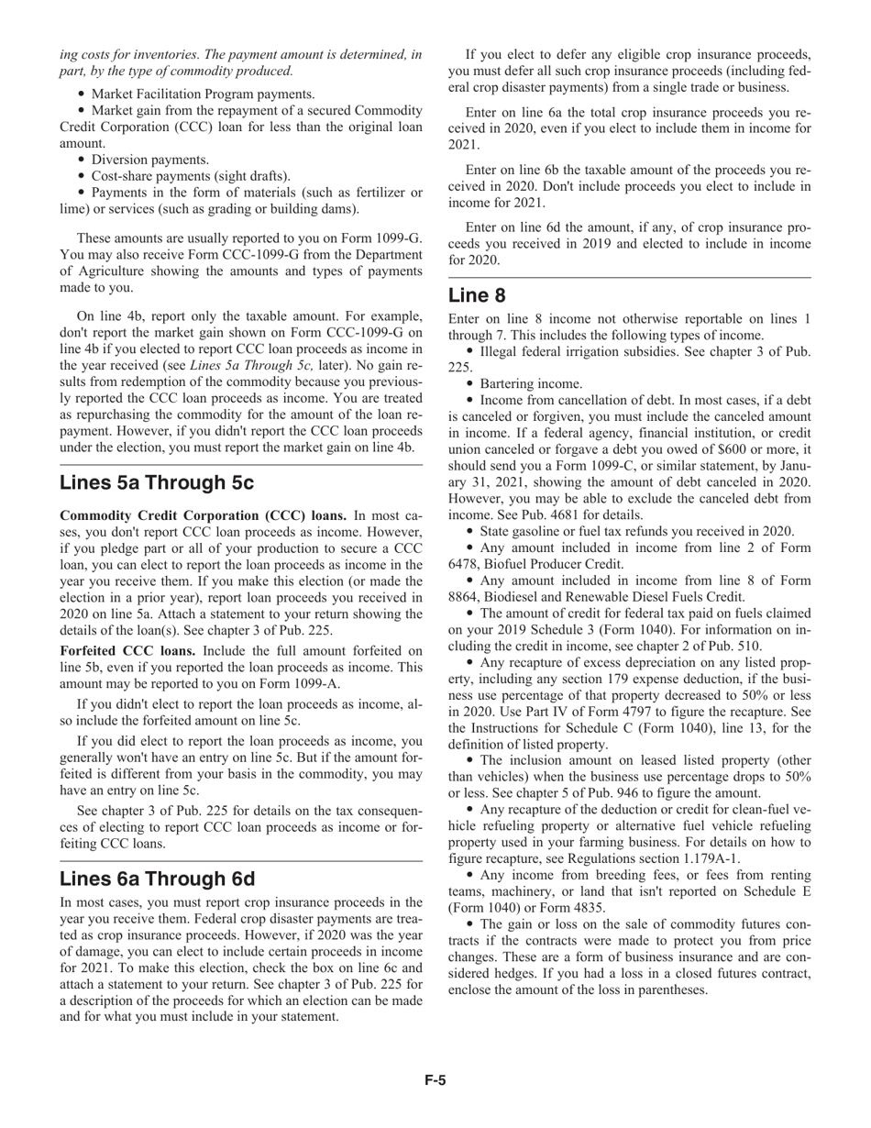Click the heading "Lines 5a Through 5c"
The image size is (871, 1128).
pos(157,482)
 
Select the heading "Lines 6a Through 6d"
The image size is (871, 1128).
pos(157,879)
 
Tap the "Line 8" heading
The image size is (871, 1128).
pos(477,295)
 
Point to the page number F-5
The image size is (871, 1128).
pos(435,1080)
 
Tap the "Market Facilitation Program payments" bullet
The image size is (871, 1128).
pos(204,94)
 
